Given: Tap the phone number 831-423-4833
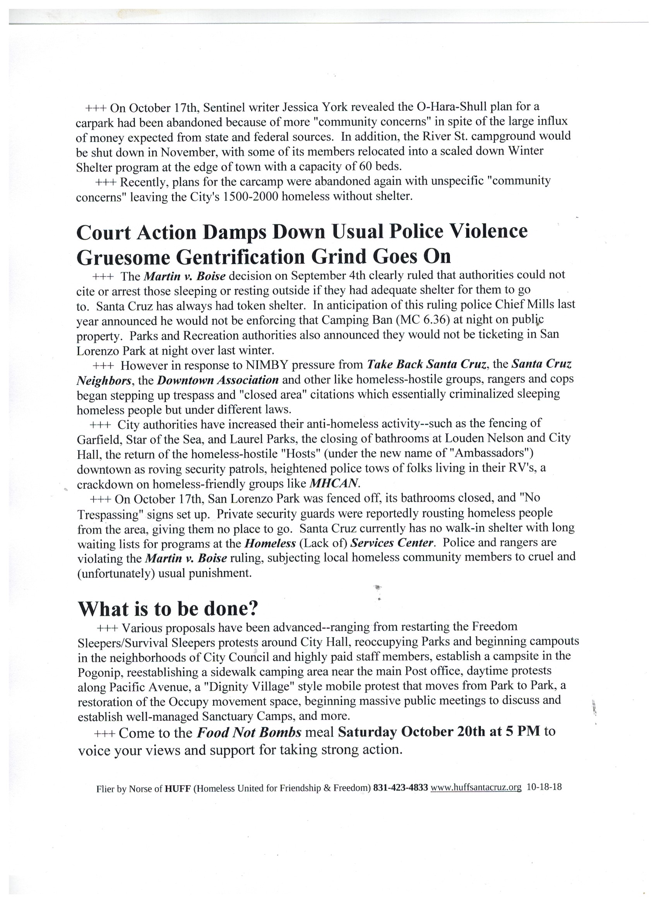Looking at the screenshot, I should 400,788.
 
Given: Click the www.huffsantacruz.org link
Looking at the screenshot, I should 476,787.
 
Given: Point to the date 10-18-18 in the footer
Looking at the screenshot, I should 544,787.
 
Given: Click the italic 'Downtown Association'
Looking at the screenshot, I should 218,380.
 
